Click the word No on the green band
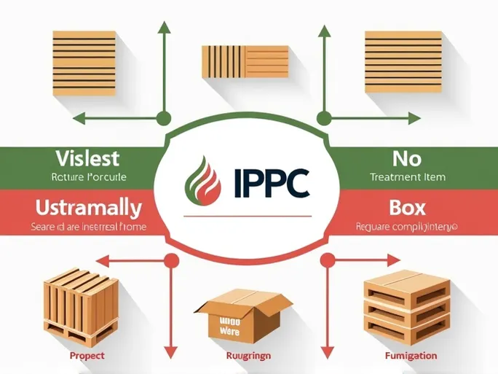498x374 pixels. pos(407,157)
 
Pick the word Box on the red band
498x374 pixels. pos(407,208)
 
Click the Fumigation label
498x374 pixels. pos(411,356)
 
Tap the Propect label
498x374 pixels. pos(87,356)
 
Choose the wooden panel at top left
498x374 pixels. pos(84,62)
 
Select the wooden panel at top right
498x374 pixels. pos(403,61)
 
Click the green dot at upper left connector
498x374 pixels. pos(164,117)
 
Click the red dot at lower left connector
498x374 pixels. pos(172,258)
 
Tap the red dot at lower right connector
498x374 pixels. pos(328,258)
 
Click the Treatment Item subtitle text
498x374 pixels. pos(407,177)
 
